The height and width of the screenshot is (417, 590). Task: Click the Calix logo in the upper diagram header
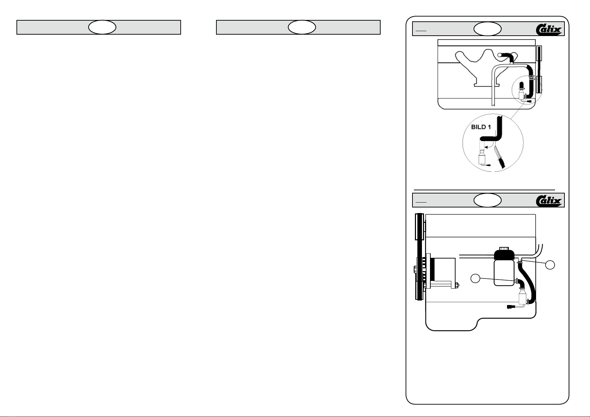[x=549, y=29]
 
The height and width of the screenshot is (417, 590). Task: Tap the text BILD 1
[x=481, y=127]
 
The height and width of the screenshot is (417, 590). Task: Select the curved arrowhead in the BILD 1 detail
[x=486, y=147]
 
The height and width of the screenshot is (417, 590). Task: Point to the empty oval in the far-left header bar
[x=102, y=27]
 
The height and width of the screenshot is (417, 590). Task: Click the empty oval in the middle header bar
[x=302, y=27]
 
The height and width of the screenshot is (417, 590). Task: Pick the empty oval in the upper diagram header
[x=487, y=29]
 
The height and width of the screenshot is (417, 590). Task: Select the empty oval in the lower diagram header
[x=487, y=200]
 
